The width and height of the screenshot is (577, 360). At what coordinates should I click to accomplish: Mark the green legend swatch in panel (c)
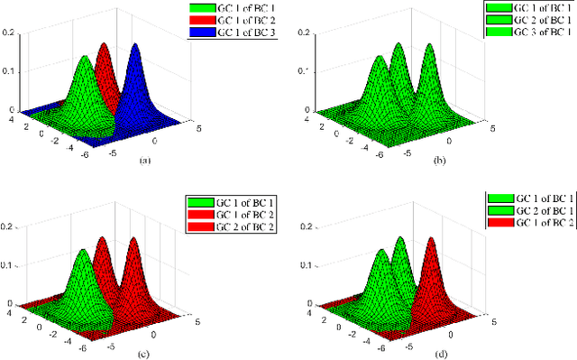[x=203, y=200]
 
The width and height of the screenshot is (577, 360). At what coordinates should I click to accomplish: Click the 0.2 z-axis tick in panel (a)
[x=8, y=32]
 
